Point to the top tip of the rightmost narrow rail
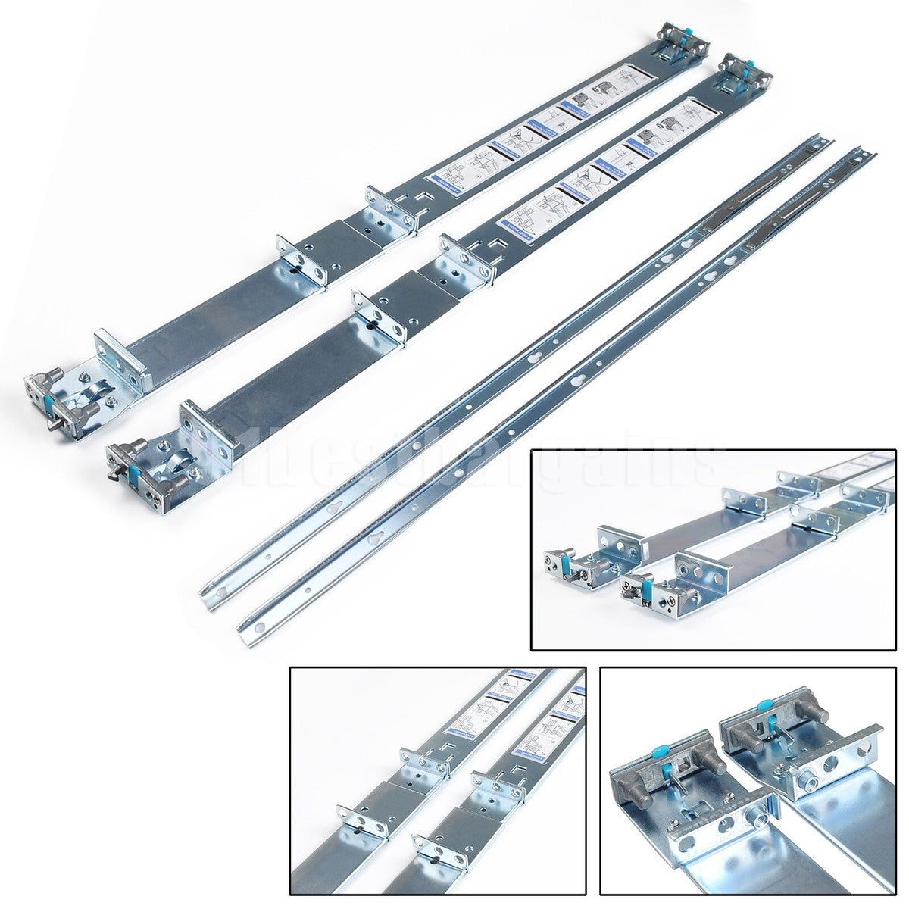873,152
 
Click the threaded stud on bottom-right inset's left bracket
757,817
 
